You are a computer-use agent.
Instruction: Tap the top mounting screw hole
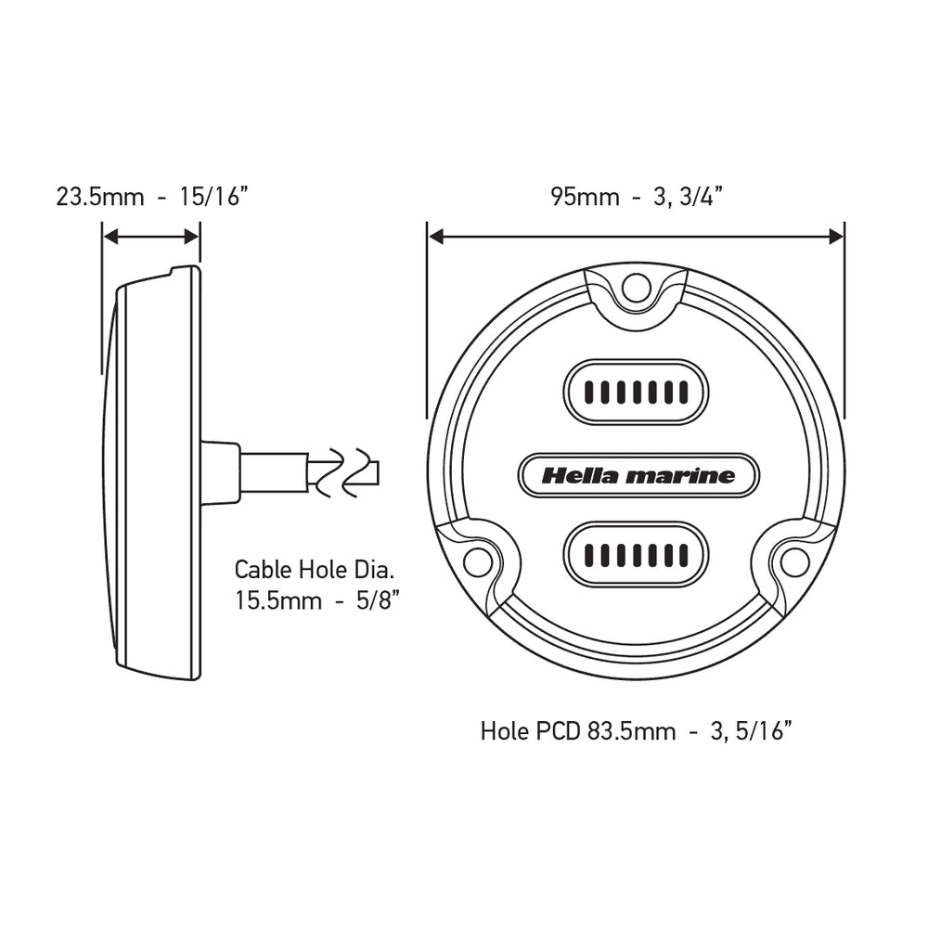click(636, 288)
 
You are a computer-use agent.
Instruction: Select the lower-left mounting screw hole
click(477, 561)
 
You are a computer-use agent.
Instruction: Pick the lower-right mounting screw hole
click(794, 561)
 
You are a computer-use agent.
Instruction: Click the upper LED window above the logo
click(636, 392)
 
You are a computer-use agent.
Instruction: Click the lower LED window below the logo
click(636, 554)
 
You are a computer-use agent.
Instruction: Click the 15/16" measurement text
click(214, 197)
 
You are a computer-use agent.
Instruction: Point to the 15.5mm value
click(277, 600)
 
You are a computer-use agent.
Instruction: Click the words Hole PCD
click(532, 731)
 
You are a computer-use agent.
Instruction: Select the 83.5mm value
click(631, 731)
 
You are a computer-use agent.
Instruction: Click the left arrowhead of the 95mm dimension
click(436, 238)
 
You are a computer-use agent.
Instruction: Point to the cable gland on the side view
click(221, 472)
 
